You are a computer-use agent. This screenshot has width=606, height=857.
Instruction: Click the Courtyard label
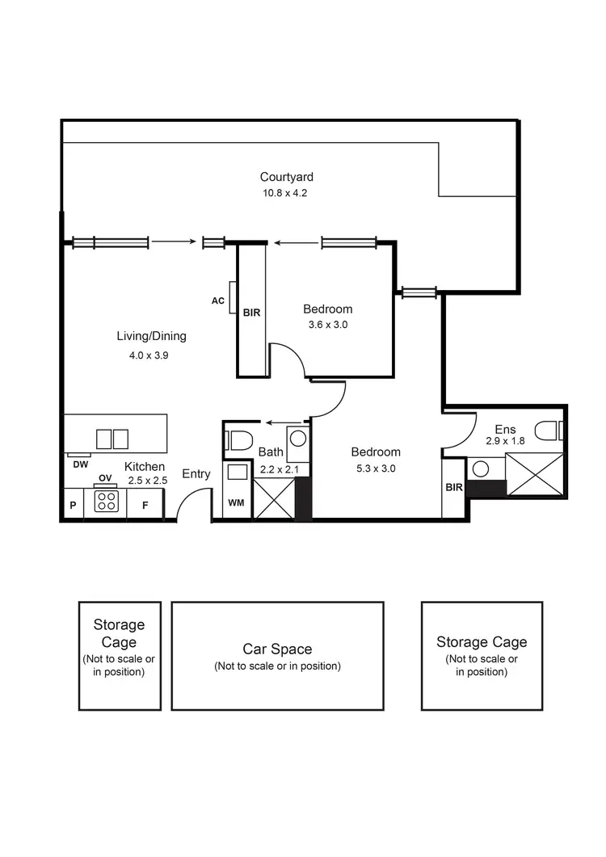click(x=286, y=177)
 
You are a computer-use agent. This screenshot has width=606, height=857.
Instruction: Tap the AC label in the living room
click(x=217, y=300)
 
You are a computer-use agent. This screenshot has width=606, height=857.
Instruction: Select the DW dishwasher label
click(x=80, y=464)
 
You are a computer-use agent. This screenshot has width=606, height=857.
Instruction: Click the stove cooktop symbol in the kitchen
click(x=107, y=502)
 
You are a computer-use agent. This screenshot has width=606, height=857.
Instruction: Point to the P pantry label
click(x=73, y=506)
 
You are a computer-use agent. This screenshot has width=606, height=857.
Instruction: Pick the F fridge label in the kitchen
click(x=145, y=506)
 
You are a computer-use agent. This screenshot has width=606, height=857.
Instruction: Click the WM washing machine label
click(x=236, y=503)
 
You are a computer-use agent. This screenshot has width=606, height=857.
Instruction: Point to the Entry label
click(x=196, y=474)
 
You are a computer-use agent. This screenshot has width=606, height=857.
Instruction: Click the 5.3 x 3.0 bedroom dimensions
click(x=376, y=468)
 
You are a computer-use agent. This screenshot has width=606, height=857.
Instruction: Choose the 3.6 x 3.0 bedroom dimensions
click(x=327, y=325)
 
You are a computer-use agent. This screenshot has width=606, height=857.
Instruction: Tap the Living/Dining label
click(x=151, y=337)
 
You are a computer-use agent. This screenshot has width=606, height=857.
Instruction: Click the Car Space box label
click(x=277, y=649)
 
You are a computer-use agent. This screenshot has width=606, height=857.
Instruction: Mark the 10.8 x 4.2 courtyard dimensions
click(x=285, y=193)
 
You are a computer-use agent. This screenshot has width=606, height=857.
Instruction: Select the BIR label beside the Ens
click(x=452, y=487)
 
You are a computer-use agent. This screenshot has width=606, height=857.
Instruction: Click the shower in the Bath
click(x=274, y=498)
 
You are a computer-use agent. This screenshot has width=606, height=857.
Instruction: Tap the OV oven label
click(x=105, y=478)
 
